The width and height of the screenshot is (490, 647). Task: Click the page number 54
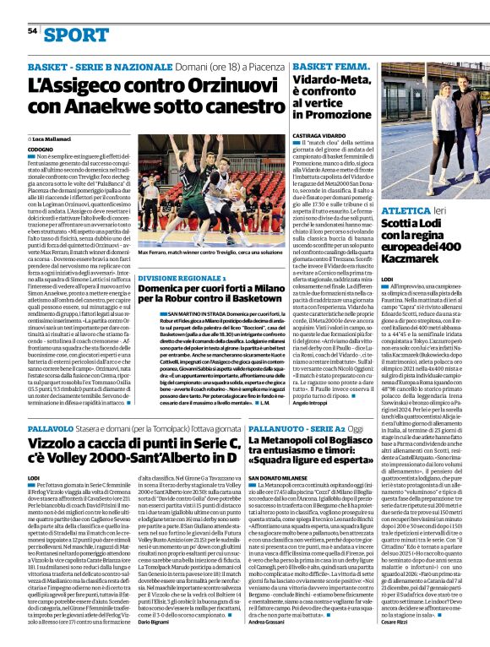coord(32,30)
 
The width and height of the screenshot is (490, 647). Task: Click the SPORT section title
coord(77,35)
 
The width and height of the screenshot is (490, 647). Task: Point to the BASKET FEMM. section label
coord(330,66)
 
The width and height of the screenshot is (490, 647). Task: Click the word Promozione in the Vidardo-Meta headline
coord(330,113)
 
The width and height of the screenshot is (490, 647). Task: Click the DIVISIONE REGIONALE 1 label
coord(182,277)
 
